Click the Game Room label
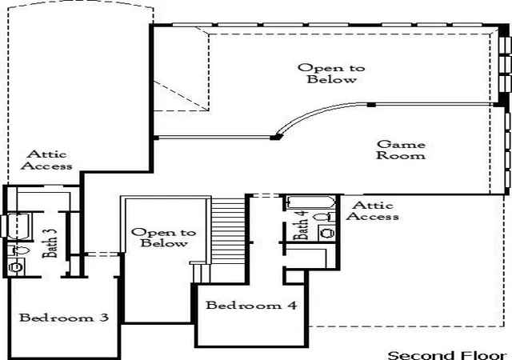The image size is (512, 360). pyautogui.click(x=401, y=150)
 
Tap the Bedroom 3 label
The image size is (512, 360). pyautogui.click(x=64, y=318)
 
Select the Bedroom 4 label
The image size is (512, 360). pyautogui.click(x=251, y=305)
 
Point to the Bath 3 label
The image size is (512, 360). pyautogui.click(x=50, y=242)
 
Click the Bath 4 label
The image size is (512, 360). pyautogui.click(x=301, y=225)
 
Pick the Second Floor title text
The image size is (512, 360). pyautogui.click(x=447, y=355)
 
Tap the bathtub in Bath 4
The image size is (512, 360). pyautogui.click(x=310, y=202)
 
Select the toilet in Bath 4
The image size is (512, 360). pyautogui.click(x=324, y=217)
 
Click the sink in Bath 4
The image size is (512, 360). pyautogui.click(x=327, y=233)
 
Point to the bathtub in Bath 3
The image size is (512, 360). pyautogui.click(x=19, y=226)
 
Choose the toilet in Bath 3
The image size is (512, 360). pyautogui.click(x=18, y=250)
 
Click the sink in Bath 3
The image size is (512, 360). pyautogui.click(x=16, y=267)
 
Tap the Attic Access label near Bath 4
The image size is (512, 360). pyautogui.click(x=373, y=210)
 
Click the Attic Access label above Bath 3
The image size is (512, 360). pyautogui.click(x=46, y=160)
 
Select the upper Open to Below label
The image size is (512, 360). pyautogui.click(x=331, y=74)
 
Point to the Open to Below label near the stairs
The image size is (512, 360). pyautogui.click(x=163, y=238)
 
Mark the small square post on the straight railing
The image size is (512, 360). pyautogui.click(x=371, y=105)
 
